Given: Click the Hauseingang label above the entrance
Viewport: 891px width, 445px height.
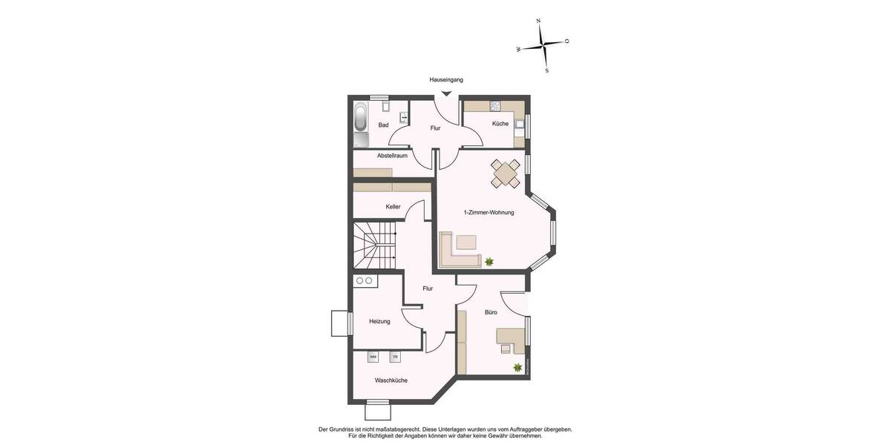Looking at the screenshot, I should tap(446, 79).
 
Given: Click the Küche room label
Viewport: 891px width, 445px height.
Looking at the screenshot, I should tap(500, 124).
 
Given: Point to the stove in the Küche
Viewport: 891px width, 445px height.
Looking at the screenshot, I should tap(495, 105).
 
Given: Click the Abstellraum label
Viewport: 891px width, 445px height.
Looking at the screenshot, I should tap(392, 156).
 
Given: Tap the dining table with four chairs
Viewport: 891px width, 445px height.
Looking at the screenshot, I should tap(506, 174).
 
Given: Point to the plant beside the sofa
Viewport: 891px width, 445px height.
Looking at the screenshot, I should tap(489, 261).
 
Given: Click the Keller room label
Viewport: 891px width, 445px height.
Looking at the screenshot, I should tap(393, 207).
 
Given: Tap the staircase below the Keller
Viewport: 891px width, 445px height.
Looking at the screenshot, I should tap(374, 246).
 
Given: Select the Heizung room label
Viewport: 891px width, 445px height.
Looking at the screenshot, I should tap(379, 321).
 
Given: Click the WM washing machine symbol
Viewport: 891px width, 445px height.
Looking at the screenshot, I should tap(373, 357).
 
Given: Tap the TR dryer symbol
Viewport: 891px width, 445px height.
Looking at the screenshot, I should tap(395, 357).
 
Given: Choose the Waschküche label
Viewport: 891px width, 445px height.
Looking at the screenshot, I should tap(391, 380).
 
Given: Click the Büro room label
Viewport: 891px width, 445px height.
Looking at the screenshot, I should tap(491, 313).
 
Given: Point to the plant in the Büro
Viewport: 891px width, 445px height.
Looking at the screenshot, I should tap(517, 367).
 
